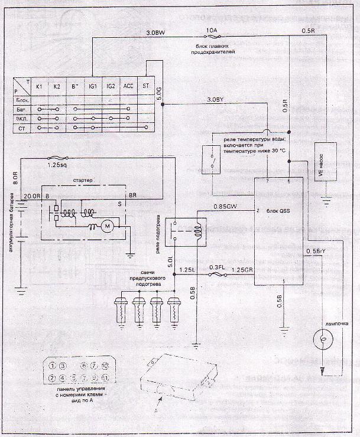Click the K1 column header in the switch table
click(38, 87)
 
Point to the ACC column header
click(128, 87)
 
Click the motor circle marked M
click(107, 226)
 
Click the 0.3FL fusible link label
click(218, 267)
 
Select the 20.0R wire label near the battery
click(31, 195)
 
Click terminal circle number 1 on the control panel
click(53, 366)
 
